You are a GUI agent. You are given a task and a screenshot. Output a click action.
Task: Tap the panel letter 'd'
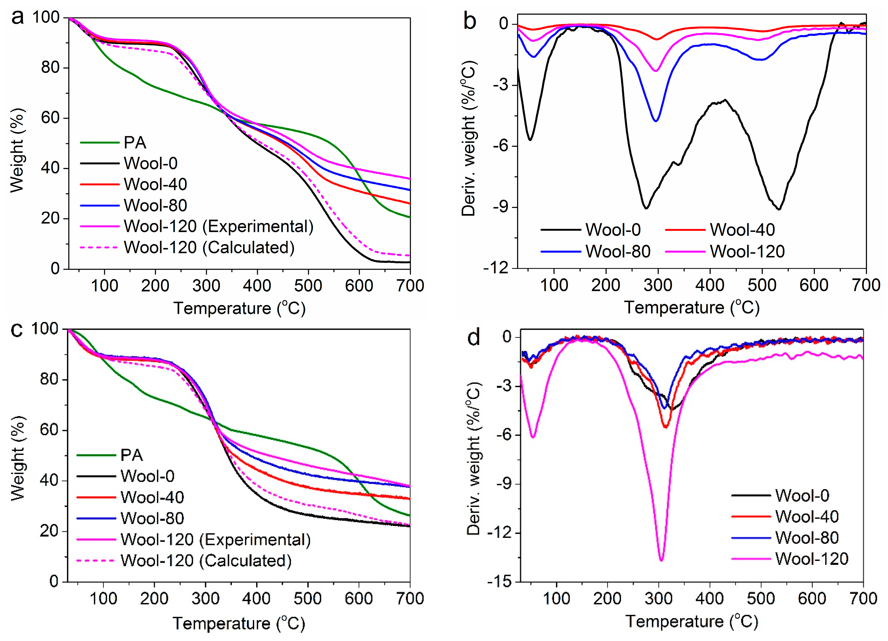[474, 337]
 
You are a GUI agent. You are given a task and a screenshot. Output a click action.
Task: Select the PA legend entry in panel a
[113, 143]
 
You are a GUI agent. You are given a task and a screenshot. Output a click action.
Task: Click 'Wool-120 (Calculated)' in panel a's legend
[187, 248]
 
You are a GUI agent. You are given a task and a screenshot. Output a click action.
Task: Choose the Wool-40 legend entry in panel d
[785, 517]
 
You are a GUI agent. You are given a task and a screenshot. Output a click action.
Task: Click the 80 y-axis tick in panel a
[50, 68]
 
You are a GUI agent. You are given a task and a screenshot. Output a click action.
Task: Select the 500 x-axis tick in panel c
[308, 599]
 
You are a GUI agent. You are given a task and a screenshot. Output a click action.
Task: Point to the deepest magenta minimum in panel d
[661, 561]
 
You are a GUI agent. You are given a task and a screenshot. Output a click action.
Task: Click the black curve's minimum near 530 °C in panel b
[779, 210]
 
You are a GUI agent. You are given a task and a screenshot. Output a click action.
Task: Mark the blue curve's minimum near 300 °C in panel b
[656, 121]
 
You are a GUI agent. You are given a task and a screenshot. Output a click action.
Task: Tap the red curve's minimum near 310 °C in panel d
[666, 427]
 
